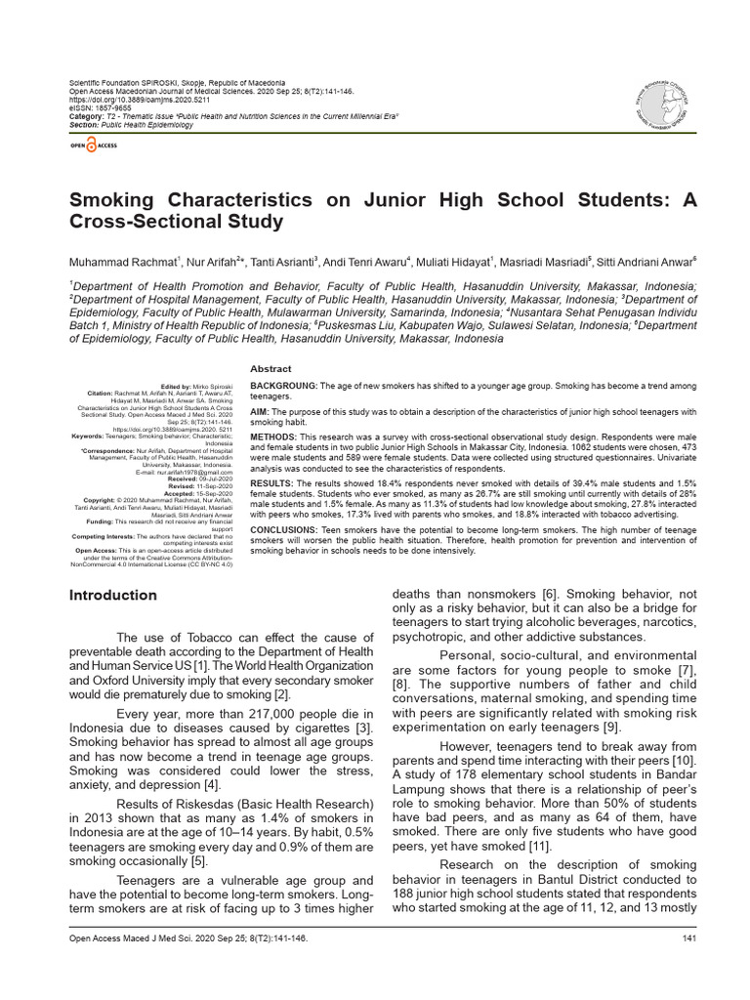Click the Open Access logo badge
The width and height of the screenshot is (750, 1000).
[93, 145]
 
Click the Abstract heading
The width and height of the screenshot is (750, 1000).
[271, 368]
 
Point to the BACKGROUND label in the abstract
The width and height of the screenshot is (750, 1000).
[284, 386]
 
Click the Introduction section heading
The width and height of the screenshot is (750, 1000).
[111, 595]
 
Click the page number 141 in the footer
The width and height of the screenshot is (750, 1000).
[687, 939]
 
